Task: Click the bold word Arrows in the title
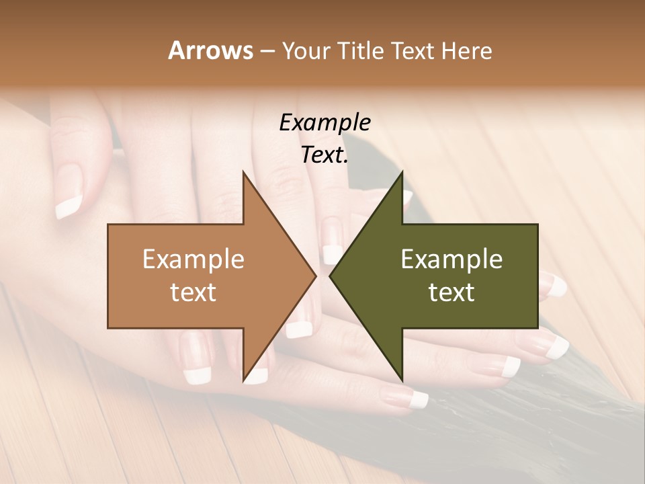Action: click(210, 50)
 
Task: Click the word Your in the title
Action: click(306, 51)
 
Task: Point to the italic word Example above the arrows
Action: click(325, 122)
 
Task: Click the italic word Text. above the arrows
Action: click(325, 155)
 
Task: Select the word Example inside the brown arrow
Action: click(193, 259)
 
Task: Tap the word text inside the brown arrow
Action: click(193, 292)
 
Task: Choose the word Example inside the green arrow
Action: click(451, 259)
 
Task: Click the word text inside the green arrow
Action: click(451, 292)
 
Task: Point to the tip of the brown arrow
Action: click(316, 276)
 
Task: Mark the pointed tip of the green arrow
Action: click(330, 276)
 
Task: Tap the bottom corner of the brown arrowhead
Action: click(243, 380)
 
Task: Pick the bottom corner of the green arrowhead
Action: click(402, 380)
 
